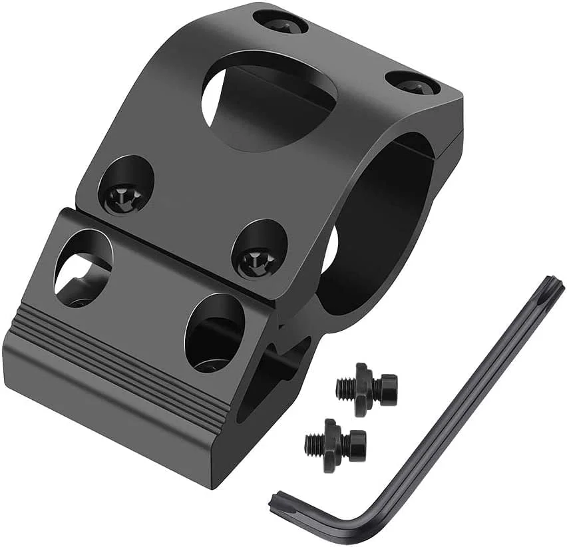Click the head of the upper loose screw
[386, 385]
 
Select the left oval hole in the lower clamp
[84, 266]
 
